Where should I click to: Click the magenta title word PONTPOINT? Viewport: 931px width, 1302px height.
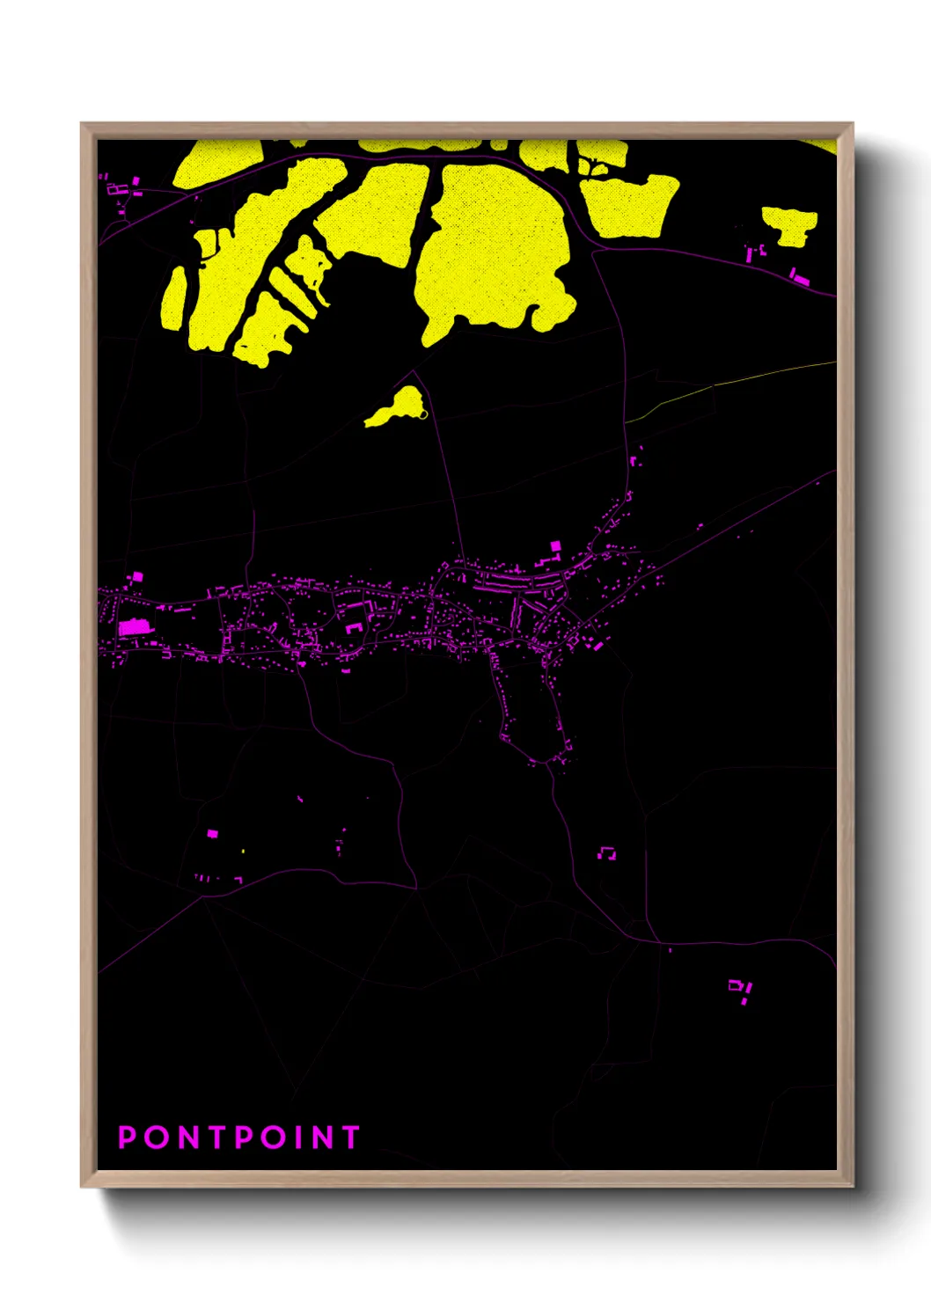[239, 1137]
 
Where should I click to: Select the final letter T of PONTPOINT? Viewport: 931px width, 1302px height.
[350, 1137]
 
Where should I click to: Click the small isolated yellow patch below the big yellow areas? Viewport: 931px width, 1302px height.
[396, 408]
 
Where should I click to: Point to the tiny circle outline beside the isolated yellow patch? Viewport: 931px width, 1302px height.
[423, 413]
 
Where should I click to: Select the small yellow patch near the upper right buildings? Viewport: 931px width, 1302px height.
[789, 224]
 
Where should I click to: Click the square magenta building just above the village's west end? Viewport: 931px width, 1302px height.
[136, 577]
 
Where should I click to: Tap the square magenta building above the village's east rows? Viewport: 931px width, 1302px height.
[555, 546]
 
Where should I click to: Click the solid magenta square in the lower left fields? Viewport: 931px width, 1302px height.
[212, 833]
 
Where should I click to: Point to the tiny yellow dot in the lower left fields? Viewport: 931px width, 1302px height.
[243, 851]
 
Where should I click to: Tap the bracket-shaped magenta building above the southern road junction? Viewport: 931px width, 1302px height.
[607, 852]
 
